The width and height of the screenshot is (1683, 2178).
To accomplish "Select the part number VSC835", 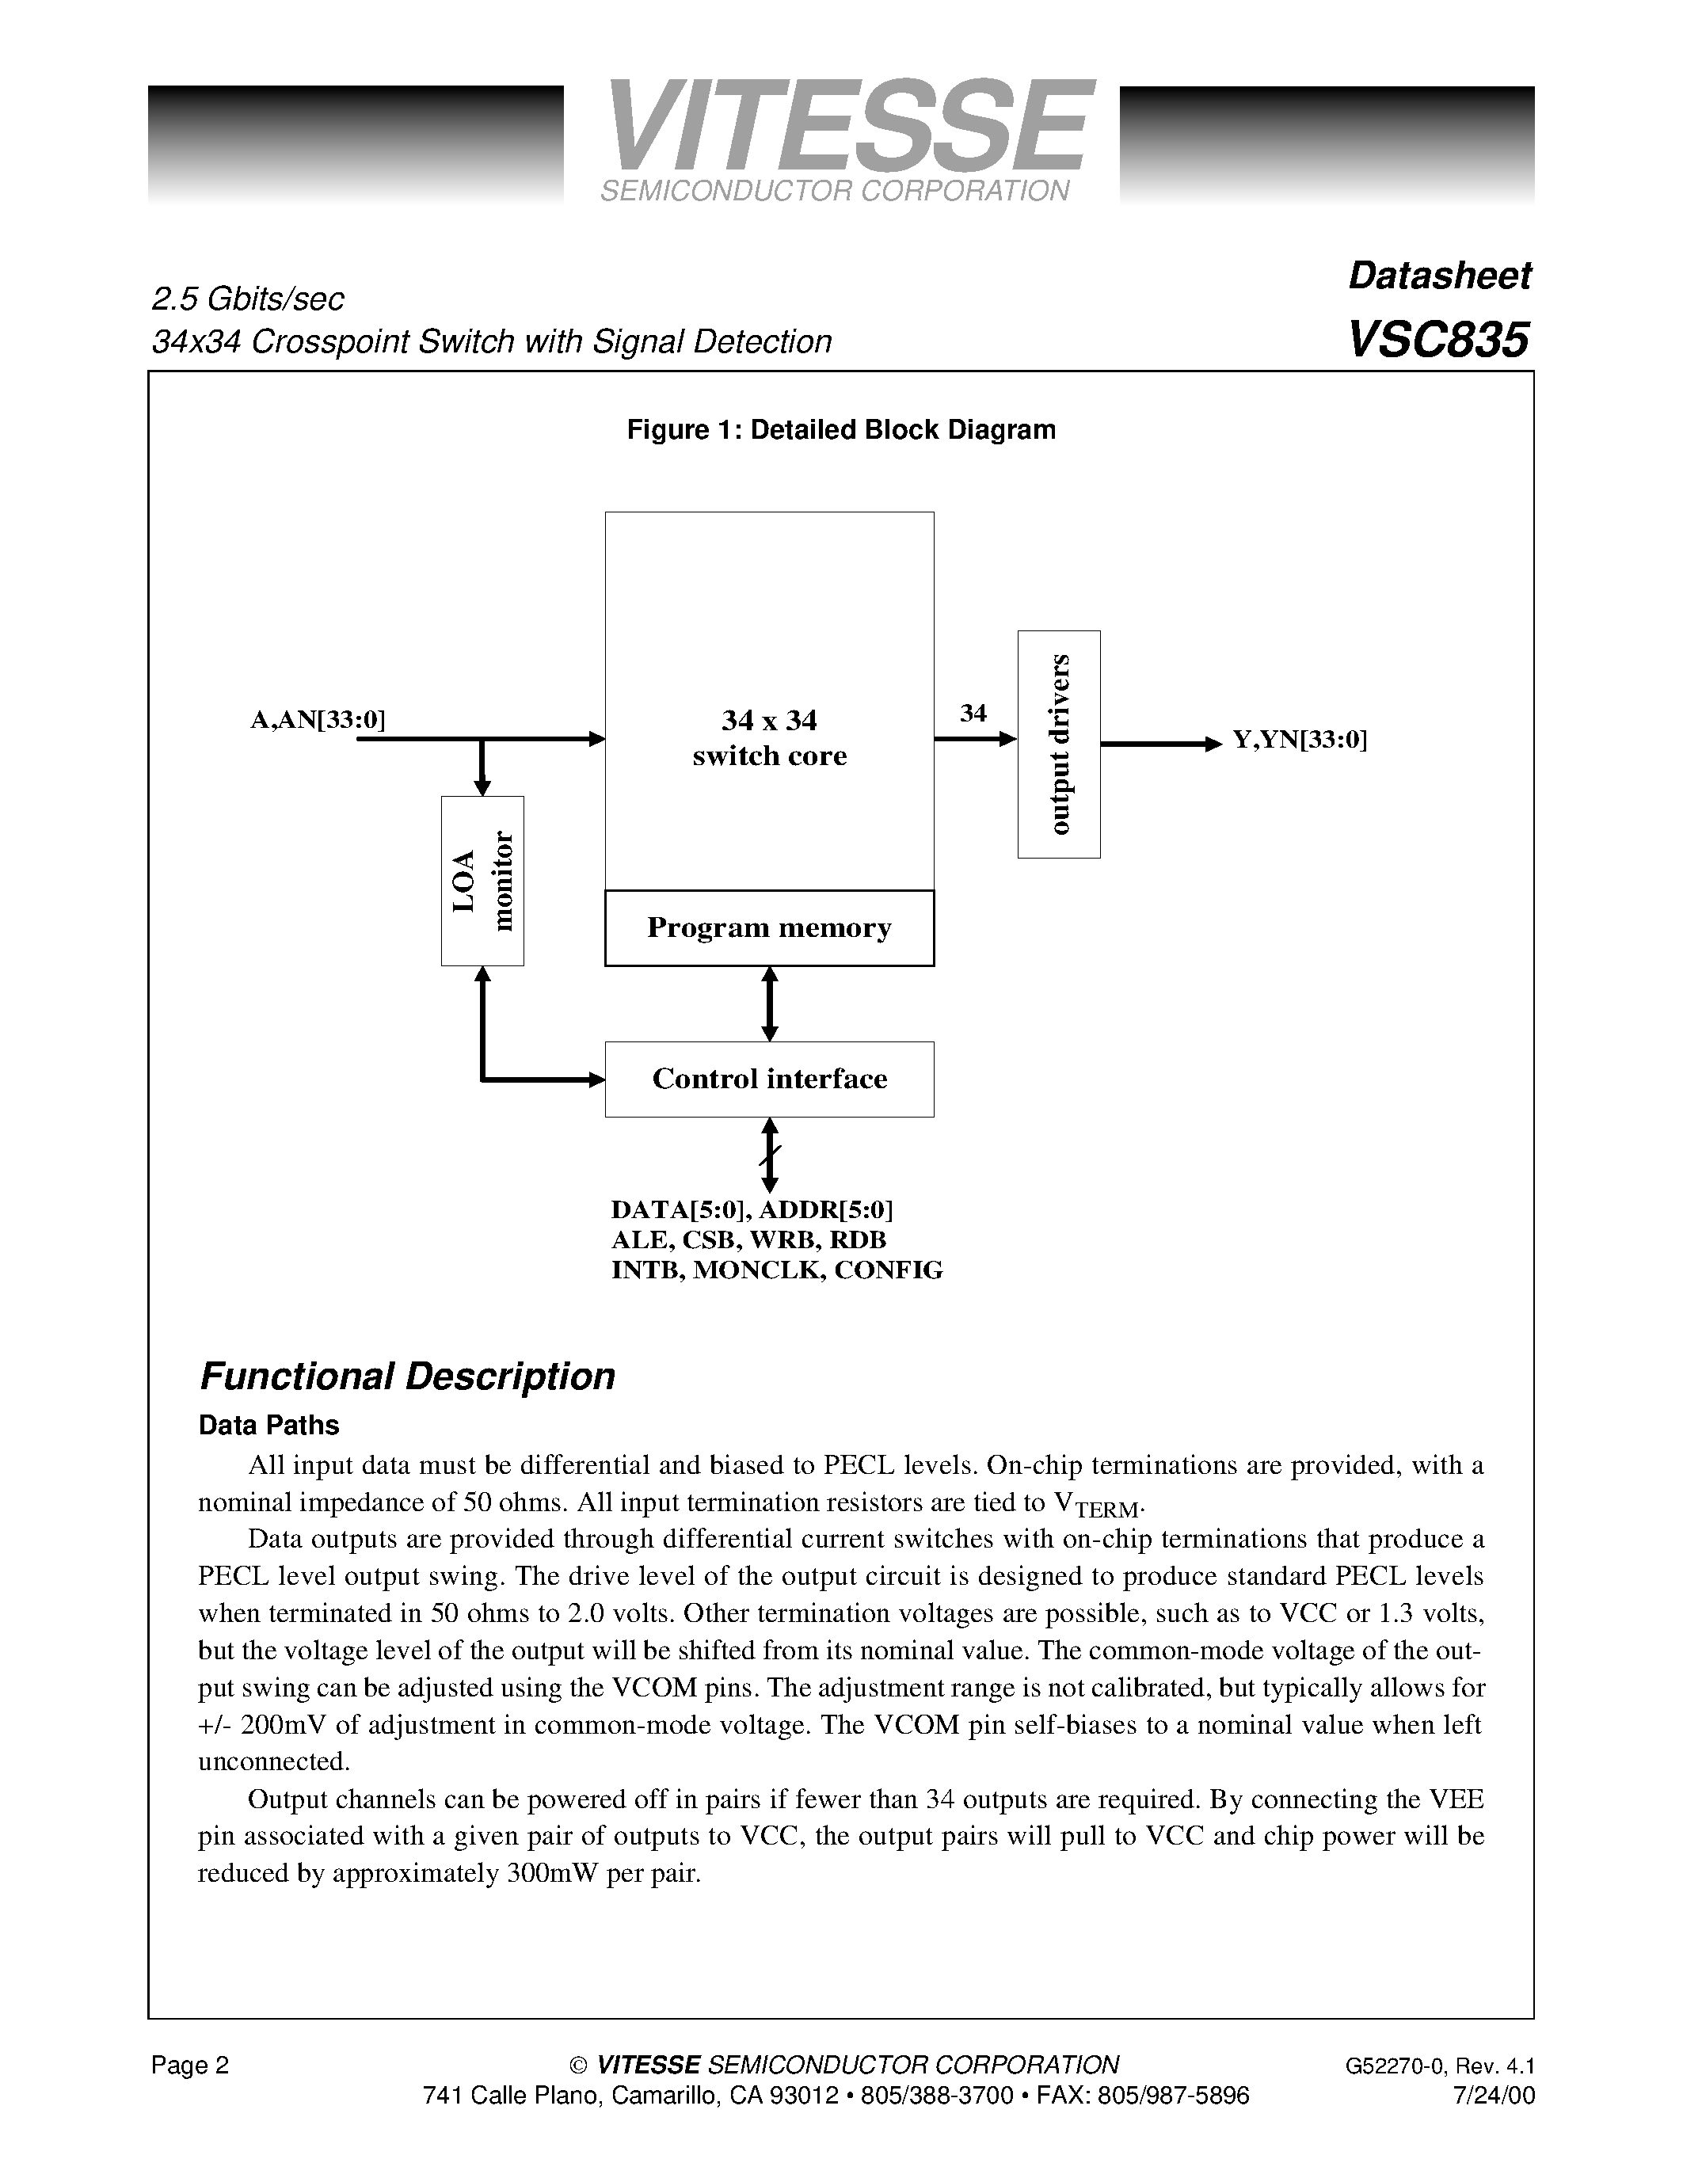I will [x=1437, y=340].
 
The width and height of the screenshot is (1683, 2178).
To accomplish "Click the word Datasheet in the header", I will [x=1439, y=276].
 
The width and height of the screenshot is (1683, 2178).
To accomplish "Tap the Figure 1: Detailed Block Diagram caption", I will [x=840, y=430].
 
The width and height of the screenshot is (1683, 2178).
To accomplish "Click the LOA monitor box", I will [x=482, y=881].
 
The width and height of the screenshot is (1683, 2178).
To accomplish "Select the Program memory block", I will [x=769, y=927].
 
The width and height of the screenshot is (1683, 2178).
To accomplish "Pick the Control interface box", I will [x=769, y=1079].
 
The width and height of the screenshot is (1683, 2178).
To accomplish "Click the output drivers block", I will [x=1059, y=744].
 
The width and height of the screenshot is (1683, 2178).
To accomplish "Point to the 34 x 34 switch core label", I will [x=769, y=738].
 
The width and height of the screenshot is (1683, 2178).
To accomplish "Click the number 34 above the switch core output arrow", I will [x=973, y=713].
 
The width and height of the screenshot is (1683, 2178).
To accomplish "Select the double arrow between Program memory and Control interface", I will [x=769, y=1003].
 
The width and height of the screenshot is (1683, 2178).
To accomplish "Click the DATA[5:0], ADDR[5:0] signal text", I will [x=752, y=1209].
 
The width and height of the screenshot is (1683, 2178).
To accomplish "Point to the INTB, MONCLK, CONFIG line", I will [x=777, y=1270].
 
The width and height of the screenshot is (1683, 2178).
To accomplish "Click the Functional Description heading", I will [x=407, y=1376].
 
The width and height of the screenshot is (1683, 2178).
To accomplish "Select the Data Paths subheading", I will [x=269, y=1425].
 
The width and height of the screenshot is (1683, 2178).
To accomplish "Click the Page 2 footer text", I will [x=190, y=2064].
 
